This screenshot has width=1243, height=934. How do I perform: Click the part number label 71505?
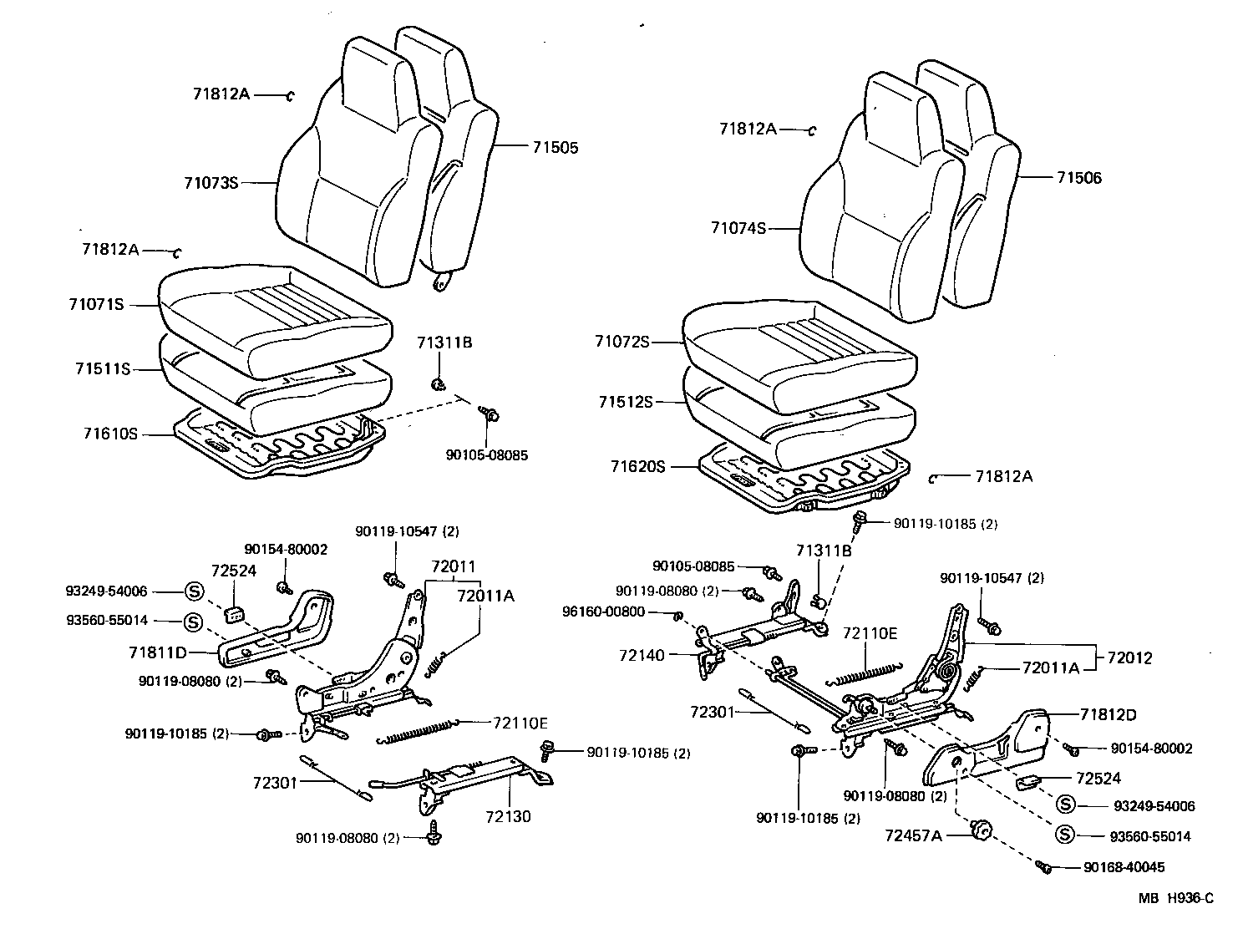tap(556, 148)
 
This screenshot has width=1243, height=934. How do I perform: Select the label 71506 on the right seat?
tap(1078, 178)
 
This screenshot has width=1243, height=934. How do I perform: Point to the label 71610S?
tap(109, 434)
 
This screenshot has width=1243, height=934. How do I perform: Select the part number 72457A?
tap(913, 834)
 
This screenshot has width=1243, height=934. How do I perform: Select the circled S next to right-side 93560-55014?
tap(1065, 835)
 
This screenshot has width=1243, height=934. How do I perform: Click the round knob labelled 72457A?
tap(981, 830)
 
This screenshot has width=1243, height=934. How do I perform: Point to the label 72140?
tap(642, 656)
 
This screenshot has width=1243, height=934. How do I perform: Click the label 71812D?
tap(1108, 715)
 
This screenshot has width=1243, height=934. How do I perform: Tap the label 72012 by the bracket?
tap(1129, 658)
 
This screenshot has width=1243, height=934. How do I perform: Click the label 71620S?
tap(637, 467)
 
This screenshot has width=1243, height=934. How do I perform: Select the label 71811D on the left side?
tap(157, 652)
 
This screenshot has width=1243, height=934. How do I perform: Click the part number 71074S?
tap(738, 227)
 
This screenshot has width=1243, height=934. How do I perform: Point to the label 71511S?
tap(102, 368)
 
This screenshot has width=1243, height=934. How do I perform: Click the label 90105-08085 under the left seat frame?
tap(487, 455)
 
